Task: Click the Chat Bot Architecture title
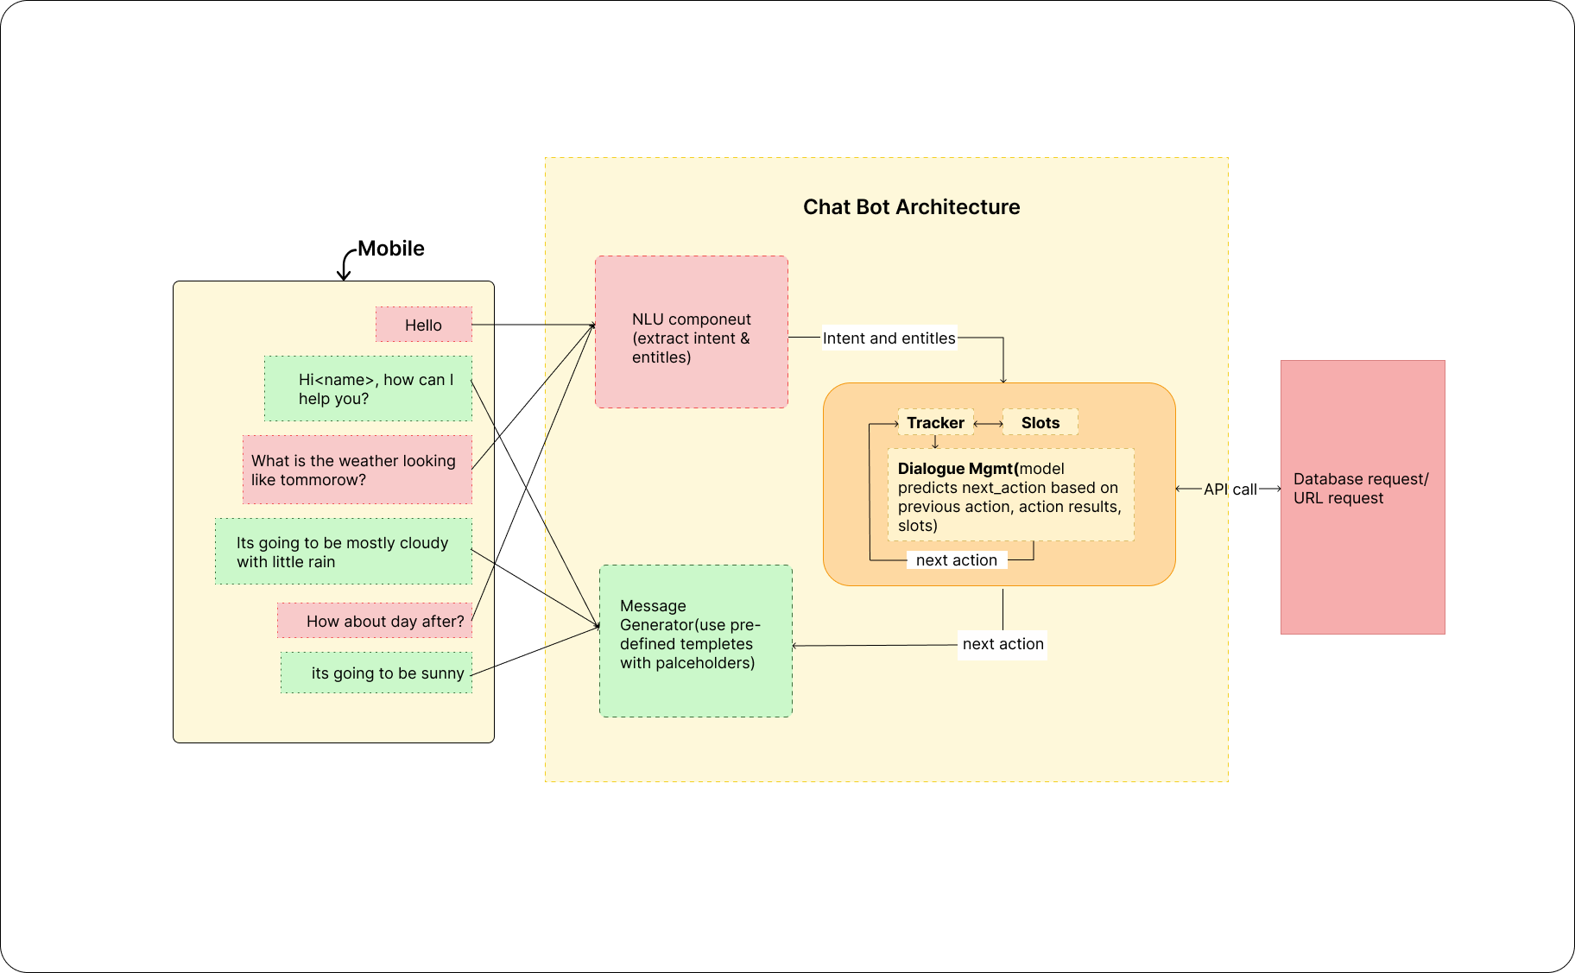tap(911, 207)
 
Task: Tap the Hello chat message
tap(423, 325)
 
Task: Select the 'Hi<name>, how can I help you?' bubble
tap(369, 389)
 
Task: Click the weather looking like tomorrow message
tap(357, 470)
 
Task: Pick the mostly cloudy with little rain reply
tap(344, 552)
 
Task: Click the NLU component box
tap(691, 332)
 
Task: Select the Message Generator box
tap(695, 641)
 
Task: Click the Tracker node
tap(935, 422)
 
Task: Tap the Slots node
tap(1040, 422)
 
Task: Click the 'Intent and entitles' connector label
tap(889, 338)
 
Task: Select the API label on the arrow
tap(1215, 489)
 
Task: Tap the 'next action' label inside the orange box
tap(956, 560)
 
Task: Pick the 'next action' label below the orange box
tap(1003, 644)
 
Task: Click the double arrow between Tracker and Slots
tap(988, 423)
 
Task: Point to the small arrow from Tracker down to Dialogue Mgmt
tap(935, 441)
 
